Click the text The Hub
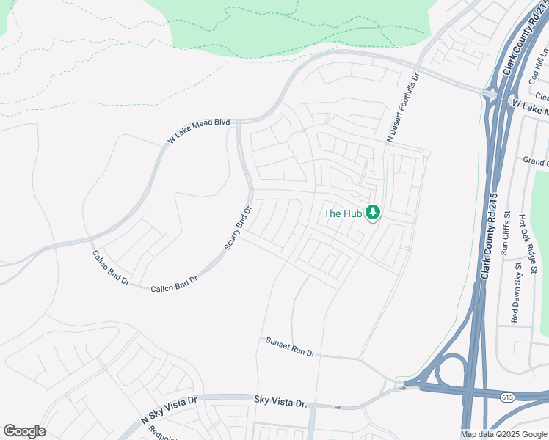[343, 214]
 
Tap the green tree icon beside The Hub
[374, 213]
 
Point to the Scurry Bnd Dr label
[238, 228]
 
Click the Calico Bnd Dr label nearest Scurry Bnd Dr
[174, 284]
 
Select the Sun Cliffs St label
[505, 236]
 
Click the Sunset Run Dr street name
[290, 348]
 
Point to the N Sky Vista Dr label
[169, 411]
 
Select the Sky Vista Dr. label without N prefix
[280, 402]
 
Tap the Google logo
[24, 431]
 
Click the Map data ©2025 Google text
[503, 434]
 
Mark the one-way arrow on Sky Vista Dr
[338, 407]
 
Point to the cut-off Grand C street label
[535, 161]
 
